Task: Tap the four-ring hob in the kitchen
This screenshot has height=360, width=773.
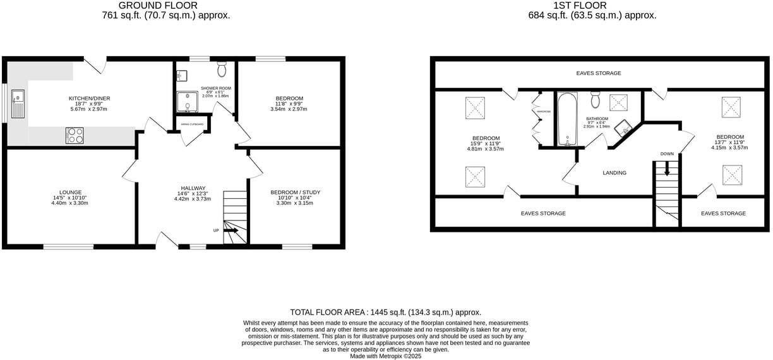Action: [75, 135]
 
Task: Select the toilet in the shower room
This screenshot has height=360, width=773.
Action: [222, 67]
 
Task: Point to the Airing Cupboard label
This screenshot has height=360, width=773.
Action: [193, 124]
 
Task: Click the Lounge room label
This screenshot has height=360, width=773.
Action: [69, 192]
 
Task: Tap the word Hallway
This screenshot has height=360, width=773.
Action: [193, 188]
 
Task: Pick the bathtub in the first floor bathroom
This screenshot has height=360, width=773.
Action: [566, 119]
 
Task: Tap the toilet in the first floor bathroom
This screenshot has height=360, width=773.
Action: [596, 100]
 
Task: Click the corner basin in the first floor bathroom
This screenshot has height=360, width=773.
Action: [625, 128]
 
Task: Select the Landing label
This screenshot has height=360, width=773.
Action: [614, 172]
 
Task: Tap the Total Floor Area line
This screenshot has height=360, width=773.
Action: [385, 312]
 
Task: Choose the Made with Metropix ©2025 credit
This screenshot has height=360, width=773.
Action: [385, 356]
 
